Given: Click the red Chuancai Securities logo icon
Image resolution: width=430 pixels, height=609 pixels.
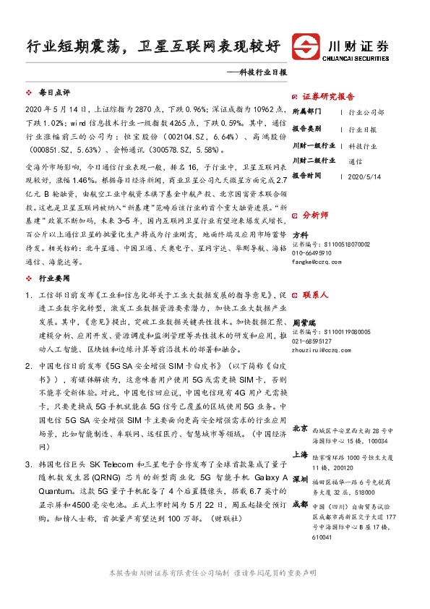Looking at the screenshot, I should pyautogui.click(x=306, y=47).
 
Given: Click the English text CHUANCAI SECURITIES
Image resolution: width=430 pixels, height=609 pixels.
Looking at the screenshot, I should pyautogui.click(x=356, y=56).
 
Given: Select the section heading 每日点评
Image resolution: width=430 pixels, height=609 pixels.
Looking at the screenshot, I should pyautogui.click(x=54, y=93).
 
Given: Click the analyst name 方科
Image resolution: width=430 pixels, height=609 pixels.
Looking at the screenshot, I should pyautogui.click(x=300, y=234).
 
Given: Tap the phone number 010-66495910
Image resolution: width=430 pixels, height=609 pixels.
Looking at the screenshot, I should pyautogui.click(x=317, y=253).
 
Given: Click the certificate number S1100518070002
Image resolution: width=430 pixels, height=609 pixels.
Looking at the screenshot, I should pyautogui.click(x=330, y=244).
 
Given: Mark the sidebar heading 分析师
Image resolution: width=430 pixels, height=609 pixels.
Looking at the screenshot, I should pyautogui.click(x=315, y=215).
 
